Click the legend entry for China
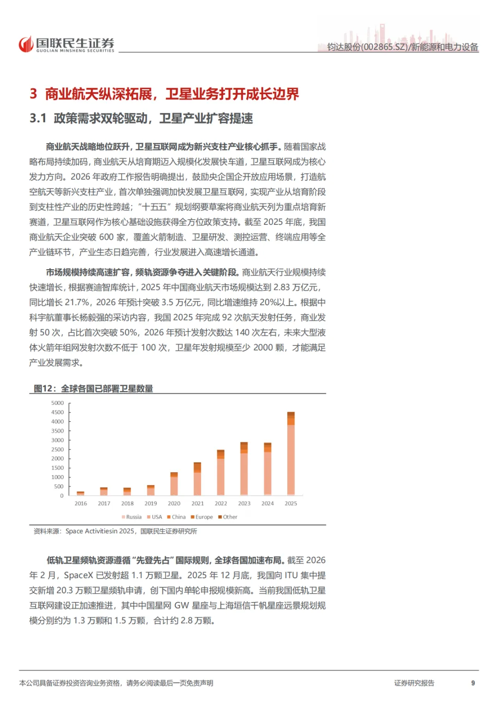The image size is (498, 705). click(176, 517)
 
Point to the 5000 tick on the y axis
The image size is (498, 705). click(58, 403)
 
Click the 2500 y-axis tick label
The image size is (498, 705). click(58, 449)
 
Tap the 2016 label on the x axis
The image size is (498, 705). click(81, 504)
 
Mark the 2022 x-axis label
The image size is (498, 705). click(221, 504)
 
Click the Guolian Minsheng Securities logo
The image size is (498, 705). click(66, 44)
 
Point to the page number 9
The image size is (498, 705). click(473, 683)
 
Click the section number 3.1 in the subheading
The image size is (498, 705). click(38, 119)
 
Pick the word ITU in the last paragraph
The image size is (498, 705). click(291, 575)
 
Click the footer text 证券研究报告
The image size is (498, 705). click(414, 683)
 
